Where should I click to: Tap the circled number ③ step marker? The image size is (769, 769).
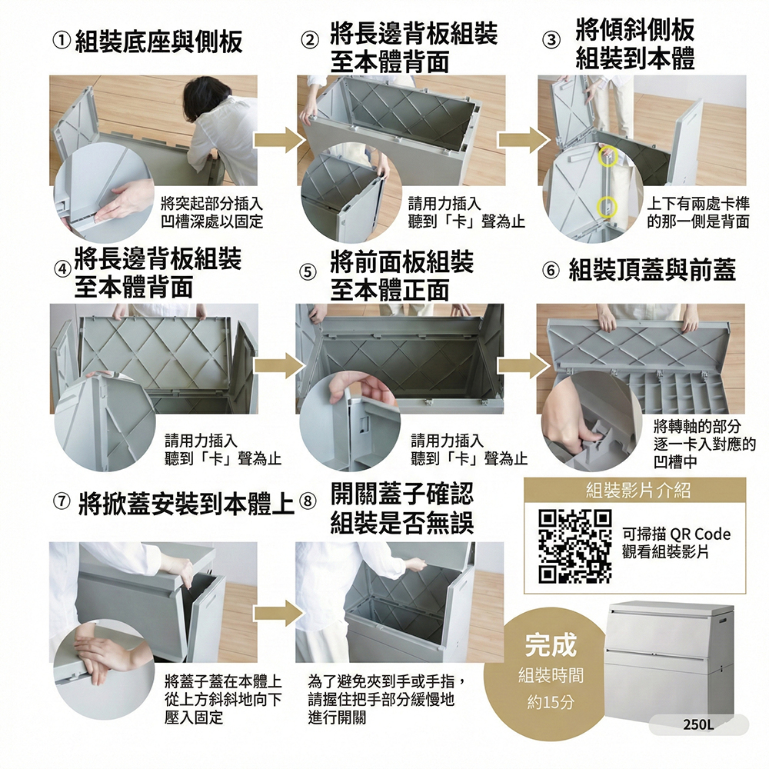pyautogui.click(x=551, y=40)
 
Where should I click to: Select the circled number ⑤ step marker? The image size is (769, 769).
pyautogui.click(x=308, y=271)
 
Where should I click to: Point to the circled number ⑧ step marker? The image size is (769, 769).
pyautogui.click(x=308, y=501)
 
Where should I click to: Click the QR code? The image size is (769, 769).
pyautogui.click(x=574, y=546)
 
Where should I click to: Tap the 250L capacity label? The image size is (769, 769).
pyautogui.click(x=698, y=724)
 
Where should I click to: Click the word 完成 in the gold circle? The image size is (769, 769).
pyautogui.click(x=551, y=645)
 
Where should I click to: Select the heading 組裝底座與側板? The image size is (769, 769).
pyautogui.click(x=159, y=42)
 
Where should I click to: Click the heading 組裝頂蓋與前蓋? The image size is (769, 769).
pyautogui.click(x=652, y=270)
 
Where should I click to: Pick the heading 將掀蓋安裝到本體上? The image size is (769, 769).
pyautogui.click(x=187, y=504)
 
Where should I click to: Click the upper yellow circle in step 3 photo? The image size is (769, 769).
pyautogui.click(x=608, y=155)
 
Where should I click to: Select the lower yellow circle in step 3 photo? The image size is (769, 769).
pyautogui.click(x=608, y=207)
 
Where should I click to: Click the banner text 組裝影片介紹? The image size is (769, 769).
pyautogui.click(x=638, y=490)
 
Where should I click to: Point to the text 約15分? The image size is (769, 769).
pyautogui.click(x=551, y=702)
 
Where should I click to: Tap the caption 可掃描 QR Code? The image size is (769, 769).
pyautogui.click(x=676, y=534)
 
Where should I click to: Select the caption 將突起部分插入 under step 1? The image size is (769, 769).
pyautogui.click(x=212, y=203)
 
